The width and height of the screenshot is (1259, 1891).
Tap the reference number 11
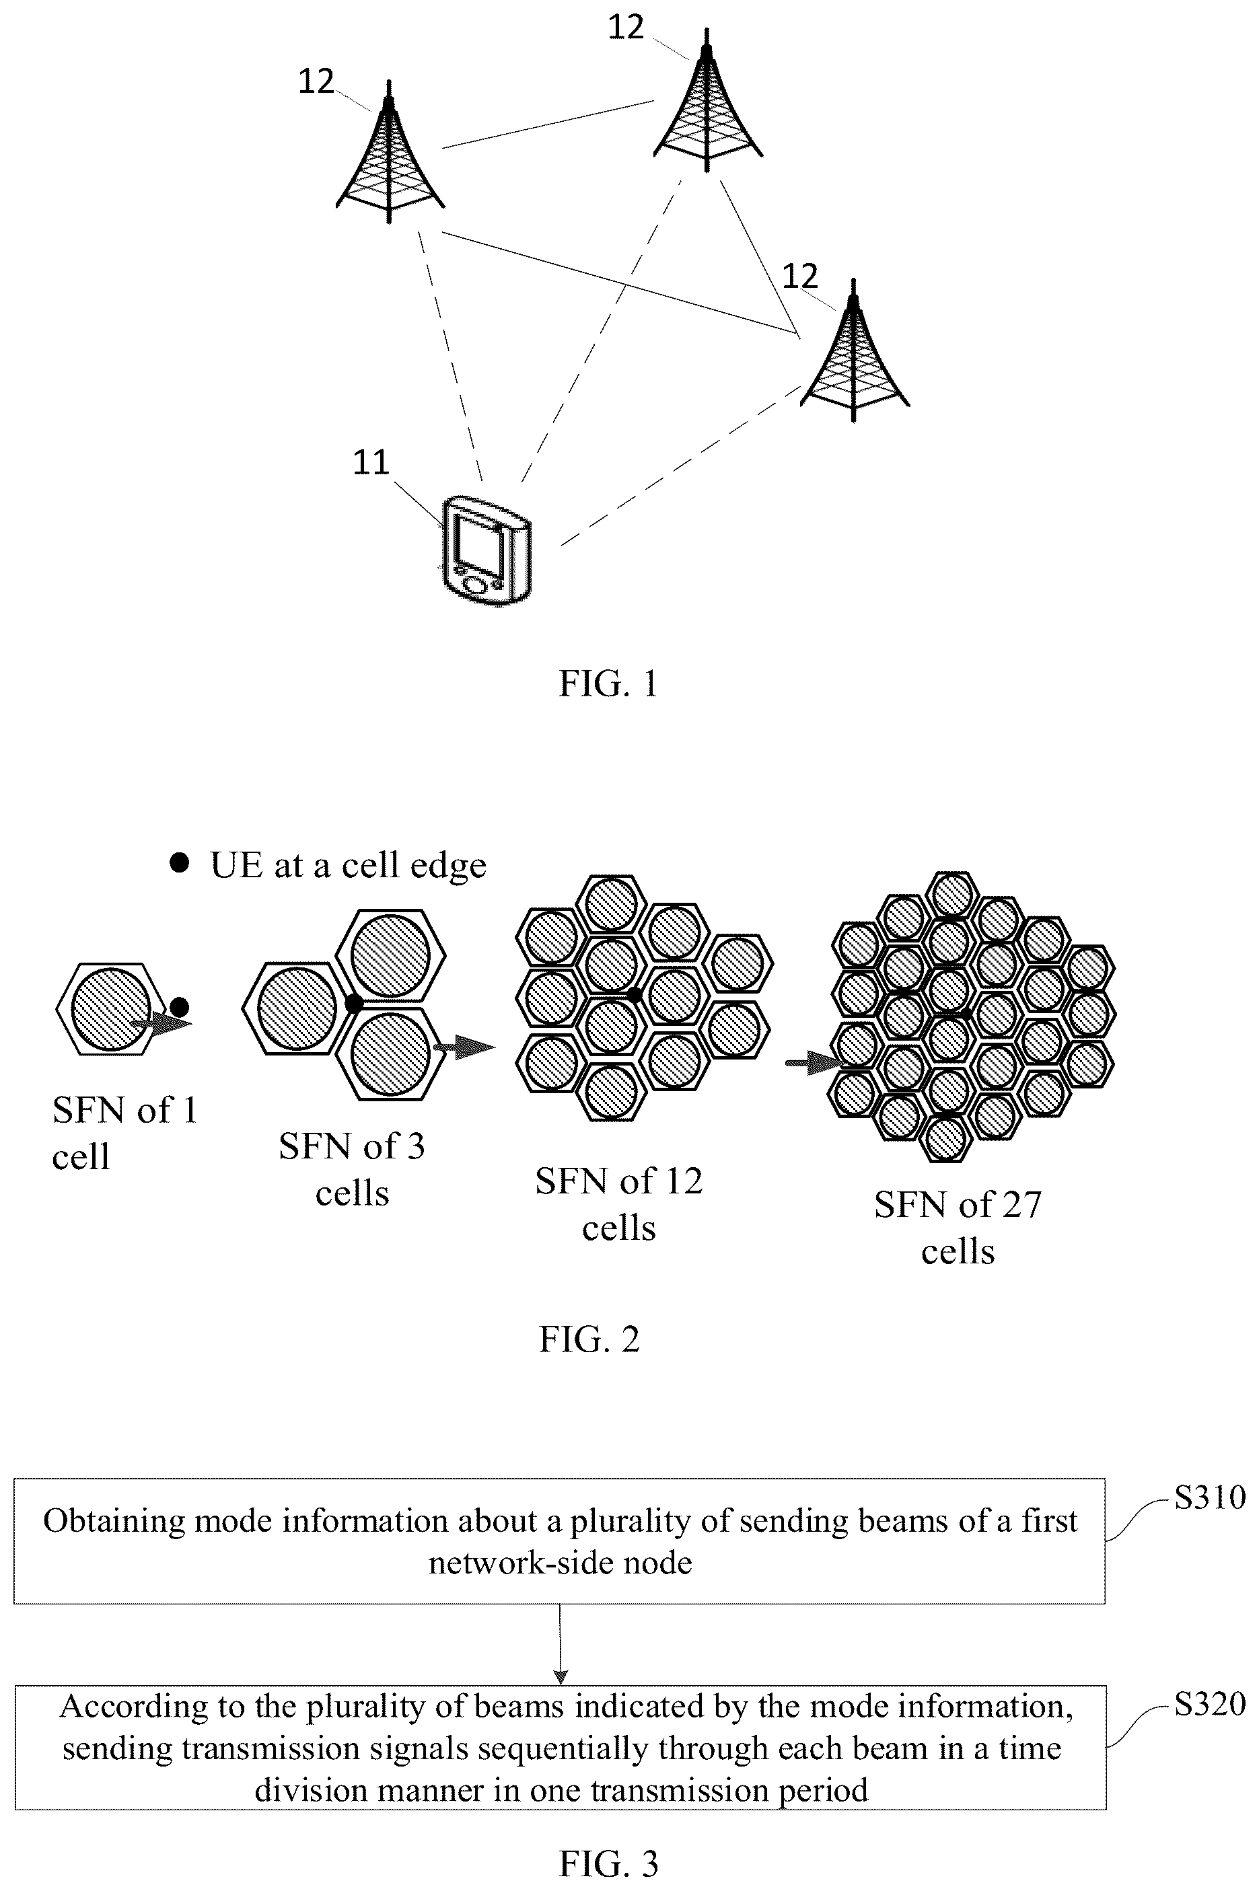point(371,462)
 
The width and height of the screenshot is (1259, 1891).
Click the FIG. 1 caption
point(608,684)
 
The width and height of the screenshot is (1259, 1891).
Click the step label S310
point(1209,1497)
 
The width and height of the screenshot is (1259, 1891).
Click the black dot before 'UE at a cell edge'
point(179,864)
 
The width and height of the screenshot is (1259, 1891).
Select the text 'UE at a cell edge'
point(349,865)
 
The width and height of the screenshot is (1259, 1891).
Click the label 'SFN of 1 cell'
point(124,1134)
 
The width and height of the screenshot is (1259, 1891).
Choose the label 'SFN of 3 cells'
point(352,1169)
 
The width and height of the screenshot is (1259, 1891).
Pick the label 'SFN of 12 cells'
point(619,1204)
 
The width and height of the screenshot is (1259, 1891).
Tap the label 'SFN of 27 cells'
point(958,1227)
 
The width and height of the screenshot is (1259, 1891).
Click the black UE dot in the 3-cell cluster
point(353,1003)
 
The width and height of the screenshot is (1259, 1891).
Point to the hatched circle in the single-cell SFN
point(110,1009)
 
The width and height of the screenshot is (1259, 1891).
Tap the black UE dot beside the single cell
point(180,1006)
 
